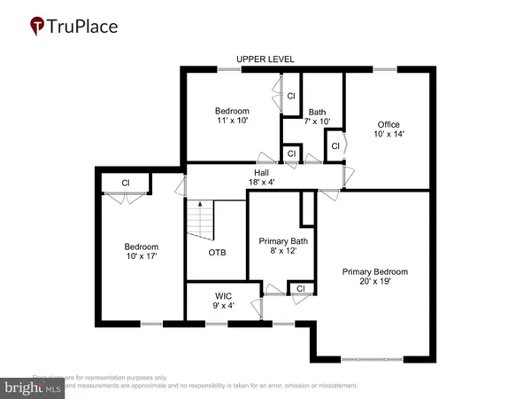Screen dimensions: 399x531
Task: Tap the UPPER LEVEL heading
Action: coord(265,59)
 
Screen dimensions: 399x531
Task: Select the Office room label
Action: coord(389,124)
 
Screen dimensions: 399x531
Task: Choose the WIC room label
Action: coord(223,296)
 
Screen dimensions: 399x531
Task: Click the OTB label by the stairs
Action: coord(217,253)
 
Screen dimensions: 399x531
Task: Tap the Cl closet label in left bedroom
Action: coord(126,184)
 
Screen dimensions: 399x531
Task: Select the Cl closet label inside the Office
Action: coord(335,145)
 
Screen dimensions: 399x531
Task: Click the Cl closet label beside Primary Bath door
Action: coord(302,288)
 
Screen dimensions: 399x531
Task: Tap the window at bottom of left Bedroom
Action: coord(151,324)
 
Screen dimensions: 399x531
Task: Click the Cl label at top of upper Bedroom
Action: coord(290,95)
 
